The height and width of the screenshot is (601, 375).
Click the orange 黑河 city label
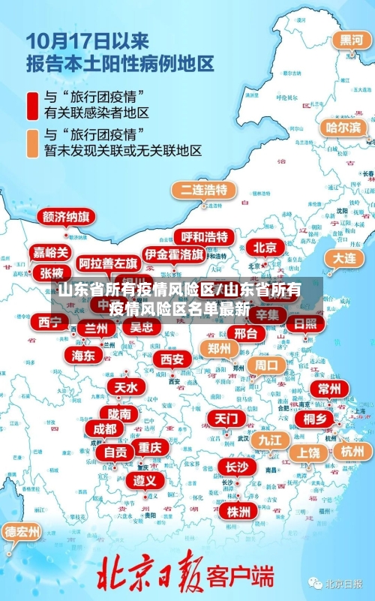click(352, 40)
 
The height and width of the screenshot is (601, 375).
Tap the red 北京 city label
click(265, 247)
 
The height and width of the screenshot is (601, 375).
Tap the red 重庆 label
click(150, 447)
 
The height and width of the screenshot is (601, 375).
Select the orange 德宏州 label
click(22, 532)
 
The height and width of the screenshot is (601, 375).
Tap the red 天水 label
click(125, 387)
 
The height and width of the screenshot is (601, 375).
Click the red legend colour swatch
click(33, 105)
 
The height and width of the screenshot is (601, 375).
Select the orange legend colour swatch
click(33, 143)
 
